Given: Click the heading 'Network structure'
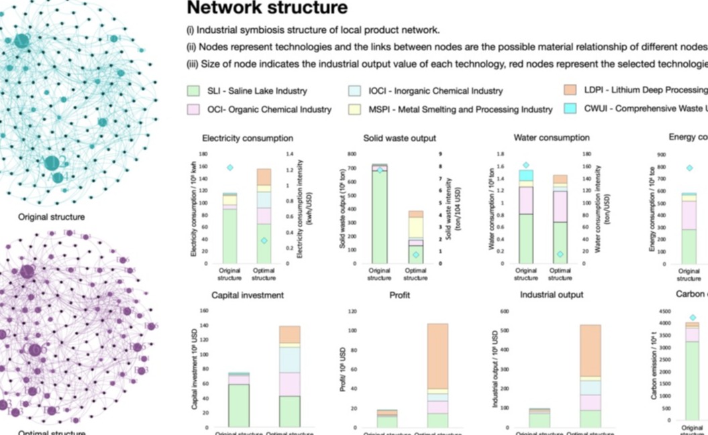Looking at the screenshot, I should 267,9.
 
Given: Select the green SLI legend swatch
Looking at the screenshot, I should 194,90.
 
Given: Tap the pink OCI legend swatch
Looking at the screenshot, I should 194,109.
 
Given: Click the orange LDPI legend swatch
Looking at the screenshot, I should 570,90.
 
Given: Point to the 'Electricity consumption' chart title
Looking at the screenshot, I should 252,138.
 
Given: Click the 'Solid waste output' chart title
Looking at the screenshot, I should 399,138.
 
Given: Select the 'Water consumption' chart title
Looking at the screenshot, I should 551,138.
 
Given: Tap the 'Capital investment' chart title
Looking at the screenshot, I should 247,295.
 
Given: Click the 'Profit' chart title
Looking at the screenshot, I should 399,295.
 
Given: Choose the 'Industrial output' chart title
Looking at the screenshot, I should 552,295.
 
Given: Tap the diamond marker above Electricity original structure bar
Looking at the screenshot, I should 230,168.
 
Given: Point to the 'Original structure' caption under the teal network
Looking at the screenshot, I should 52,217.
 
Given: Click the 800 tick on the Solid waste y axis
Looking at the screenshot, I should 351,153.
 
